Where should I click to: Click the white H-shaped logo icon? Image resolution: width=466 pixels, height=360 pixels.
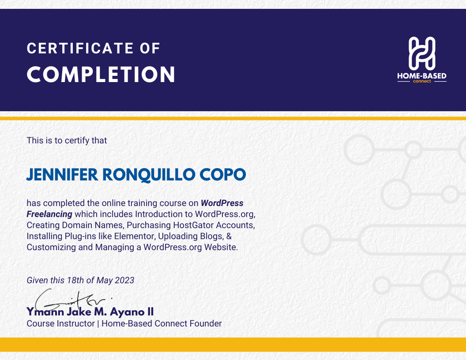coord(422,53)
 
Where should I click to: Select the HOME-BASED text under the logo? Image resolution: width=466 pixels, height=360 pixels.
coord(422,76)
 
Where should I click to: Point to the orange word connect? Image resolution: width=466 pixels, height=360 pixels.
coord(422,81)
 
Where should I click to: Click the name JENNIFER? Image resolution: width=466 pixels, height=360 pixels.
coord(62,175)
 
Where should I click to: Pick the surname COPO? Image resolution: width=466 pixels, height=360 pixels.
coord(222,175)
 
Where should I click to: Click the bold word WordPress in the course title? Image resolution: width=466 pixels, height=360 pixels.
coord(222,203)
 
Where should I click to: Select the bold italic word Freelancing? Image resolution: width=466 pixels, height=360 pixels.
coord(49,214)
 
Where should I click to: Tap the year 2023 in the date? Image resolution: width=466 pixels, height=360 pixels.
coord(124,280)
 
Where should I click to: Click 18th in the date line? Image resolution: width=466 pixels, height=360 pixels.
coord(75,280)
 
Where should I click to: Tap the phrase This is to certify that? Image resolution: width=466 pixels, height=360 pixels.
coord(67,140)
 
